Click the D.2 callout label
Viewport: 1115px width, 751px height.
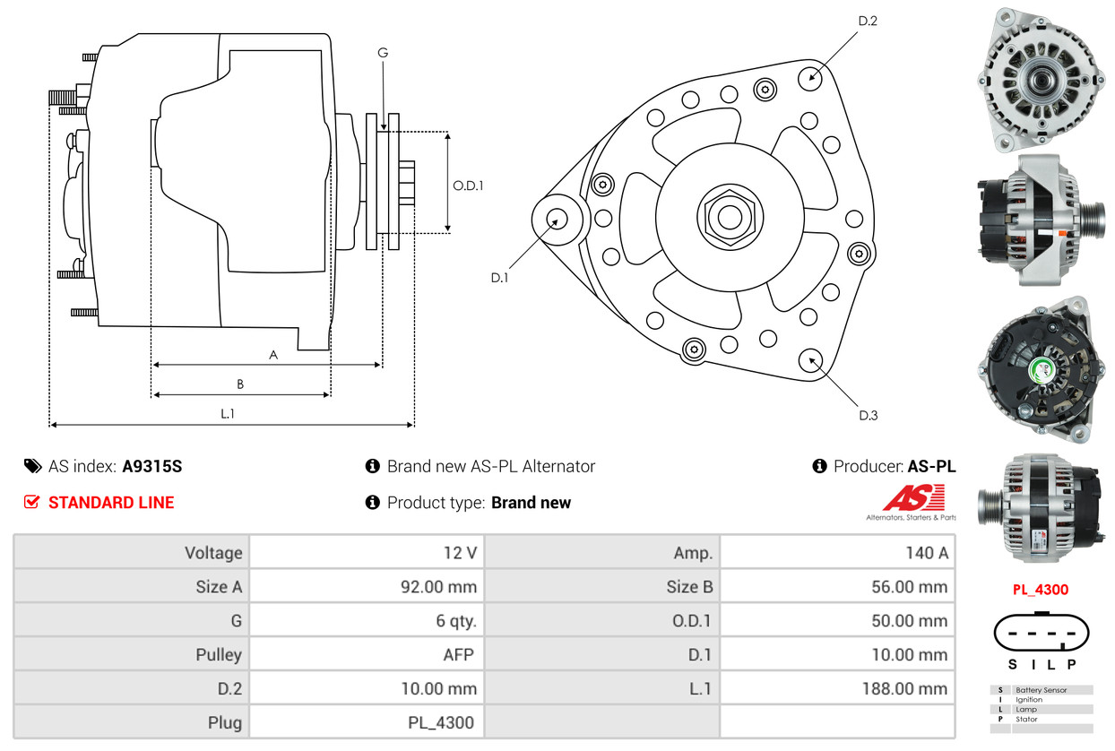(867, 21)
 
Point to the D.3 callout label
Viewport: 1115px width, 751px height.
(868, 415)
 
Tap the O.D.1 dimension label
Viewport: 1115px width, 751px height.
(468, 186)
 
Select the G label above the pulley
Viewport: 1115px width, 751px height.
(383, 54)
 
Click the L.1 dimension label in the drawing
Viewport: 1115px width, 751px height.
(228, 414)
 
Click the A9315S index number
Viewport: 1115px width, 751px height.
(152, 467)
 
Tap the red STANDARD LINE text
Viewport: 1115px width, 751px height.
(111, 503)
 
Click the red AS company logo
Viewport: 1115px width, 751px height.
(913, 498)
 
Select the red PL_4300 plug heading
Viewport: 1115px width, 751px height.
(1041, 590)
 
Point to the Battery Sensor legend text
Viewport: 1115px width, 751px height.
(1041, 690)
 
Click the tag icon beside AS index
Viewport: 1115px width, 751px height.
(33, 466)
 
